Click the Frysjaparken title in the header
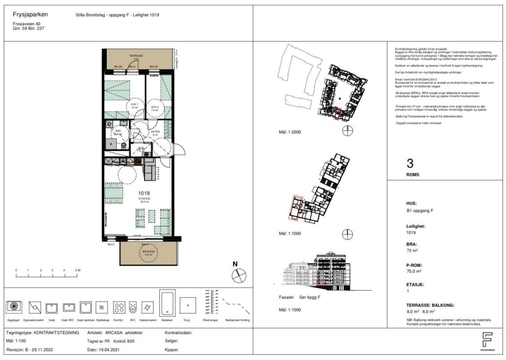31,14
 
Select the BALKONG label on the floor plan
149,252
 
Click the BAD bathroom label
118,131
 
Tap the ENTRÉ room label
156,131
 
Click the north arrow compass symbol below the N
239,276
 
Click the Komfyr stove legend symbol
119,307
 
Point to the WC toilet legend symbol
132,307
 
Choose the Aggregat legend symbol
13,307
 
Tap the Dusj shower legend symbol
188,305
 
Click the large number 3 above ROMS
410,163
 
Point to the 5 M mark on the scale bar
77,270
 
